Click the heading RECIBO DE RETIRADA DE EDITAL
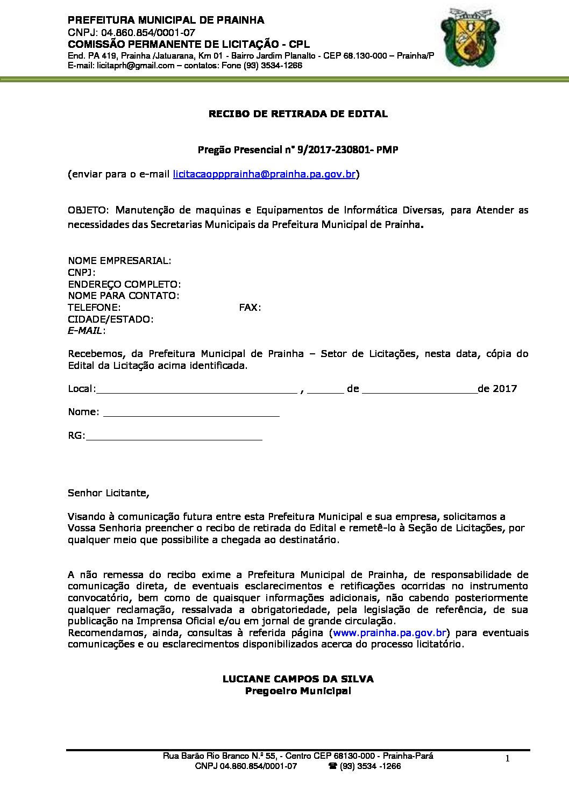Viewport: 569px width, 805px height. (298, 114)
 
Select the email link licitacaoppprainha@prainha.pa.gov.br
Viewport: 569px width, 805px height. (264, 174)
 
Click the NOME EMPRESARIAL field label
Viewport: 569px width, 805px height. (119, 260)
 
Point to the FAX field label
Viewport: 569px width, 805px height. (250, 308)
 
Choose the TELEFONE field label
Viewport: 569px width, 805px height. (94, 308)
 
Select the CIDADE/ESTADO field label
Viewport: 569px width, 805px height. (111, 319)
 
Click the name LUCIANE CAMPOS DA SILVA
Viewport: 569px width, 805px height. (298, 679)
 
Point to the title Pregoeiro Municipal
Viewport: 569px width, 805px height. (298, 691)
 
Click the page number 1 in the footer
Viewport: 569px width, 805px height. (507, 758)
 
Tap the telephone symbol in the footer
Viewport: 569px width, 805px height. (332, 766)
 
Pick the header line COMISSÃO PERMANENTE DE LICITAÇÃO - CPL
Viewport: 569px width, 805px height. (189, 44)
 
